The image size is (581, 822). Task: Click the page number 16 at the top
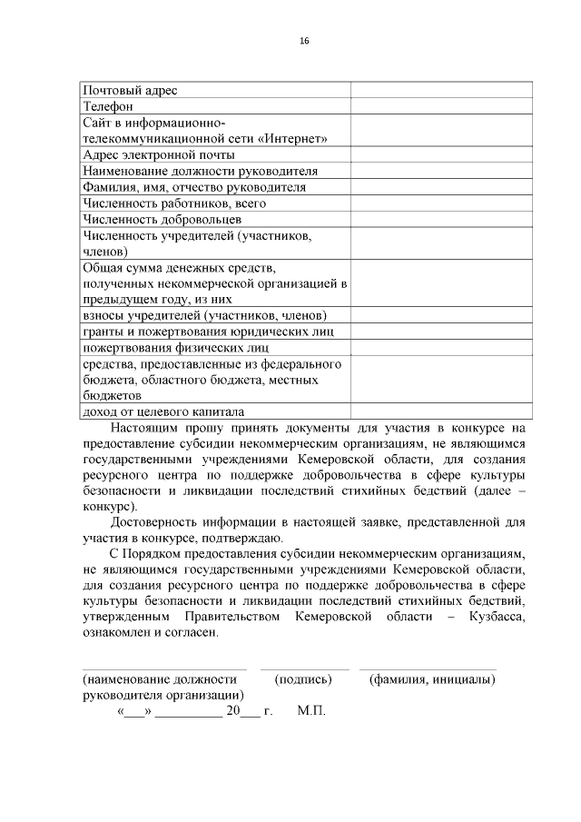tap(304, 41)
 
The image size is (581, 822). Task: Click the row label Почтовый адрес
tap(131, 90)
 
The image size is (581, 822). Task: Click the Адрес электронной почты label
tap(159, 154)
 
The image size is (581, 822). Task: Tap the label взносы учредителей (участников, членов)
tap(204, 315)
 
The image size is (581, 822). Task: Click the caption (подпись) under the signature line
tap(303, 678)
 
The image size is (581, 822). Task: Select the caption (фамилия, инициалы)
tap(432, 678)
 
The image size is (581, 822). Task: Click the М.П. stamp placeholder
tap(310, 713)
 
